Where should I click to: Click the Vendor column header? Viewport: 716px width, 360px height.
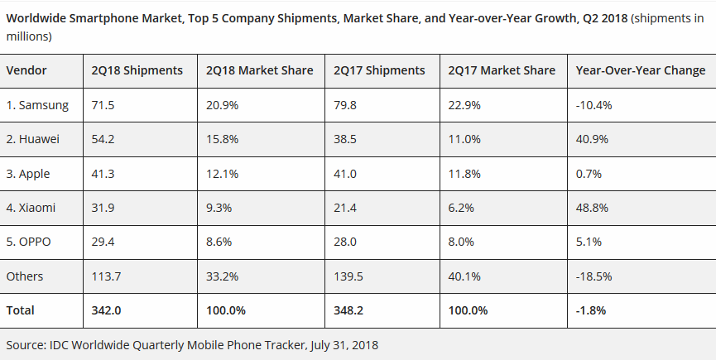pyautogui.click(x=26, y=70)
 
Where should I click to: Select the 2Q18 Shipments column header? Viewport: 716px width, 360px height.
pyautogui.click(x=137, y=70)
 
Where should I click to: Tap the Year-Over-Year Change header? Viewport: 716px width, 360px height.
pyautogui.click(x=640, y=70)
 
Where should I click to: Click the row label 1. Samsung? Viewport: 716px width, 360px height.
pyautogui.click(x=37, y=105)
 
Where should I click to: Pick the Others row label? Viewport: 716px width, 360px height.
pyautogui.click(x=24, y=276)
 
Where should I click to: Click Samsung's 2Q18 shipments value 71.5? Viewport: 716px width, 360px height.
pyautogui.click(x=103, y=105)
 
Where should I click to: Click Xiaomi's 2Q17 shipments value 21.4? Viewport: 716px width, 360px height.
pyautogui.click(x=345, y=208)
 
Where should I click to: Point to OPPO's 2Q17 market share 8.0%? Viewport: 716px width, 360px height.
pyautogui.click(x=462, y=242)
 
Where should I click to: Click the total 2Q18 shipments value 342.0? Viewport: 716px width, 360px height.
pyautogui.click(x=108, y=310)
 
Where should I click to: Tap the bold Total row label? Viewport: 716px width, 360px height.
pyautogui.click(x=21, y=310)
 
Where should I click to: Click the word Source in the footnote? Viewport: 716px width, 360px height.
pyautogui.click(x=26, y=344)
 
